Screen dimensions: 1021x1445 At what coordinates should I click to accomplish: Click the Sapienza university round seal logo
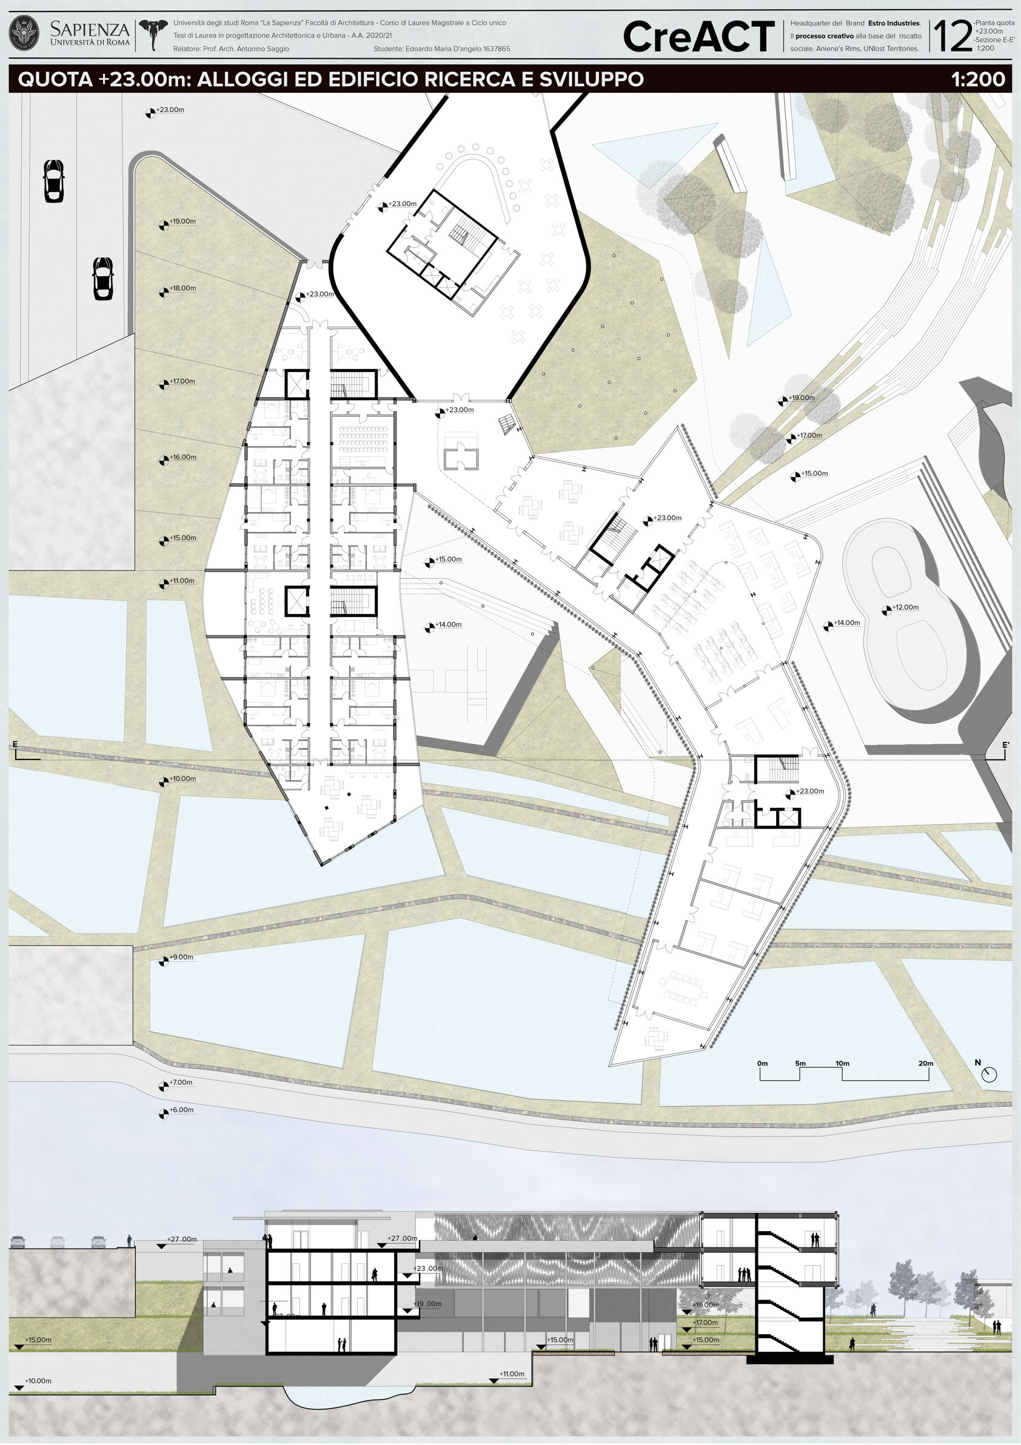coord(24,34)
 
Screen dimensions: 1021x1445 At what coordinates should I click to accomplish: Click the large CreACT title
coord(698,36)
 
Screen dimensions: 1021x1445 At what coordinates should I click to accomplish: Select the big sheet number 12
coord(953,36)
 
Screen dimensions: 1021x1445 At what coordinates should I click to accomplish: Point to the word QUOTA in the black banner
coord(55,79)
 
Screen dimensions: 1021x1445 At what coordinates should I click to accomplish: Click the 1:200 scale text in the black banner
coord(978,79)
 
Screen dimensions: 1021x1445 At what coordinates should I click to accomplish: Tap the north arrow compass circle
coord(989,1073)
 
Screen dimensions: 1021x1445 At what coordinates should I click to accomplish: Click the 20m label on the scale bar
coord(925,1064)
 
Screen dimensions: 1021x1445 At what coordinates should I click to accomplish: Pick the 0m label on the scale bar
coord(762,1064)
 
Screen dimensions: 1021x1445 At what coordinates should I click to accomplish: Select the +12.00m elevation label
coord(905,607)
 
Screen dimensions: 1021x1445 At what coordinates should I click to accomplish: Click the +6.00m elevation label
coord(181,1110)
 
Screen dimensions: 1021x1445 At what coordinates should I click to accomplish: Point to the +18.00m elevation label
coord(182,289)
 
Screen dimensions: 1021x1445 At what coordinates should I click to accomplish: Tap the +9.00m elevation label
coord(181,957)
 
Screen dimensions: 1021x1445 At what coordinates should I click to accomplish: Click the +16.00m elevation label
coord(182,457)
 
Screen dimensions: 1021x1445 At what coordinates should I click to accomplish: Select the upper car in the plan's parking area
coord(53,181)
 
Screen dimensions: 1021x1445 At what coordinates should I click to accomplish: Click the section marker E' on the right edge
coord(1006,745)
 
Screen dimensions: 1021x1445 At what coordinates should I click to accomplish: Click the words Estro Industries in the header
coord(894,23)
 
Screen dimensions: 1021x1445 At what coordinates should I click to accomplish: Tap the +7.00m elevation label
coord(181,1083)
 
